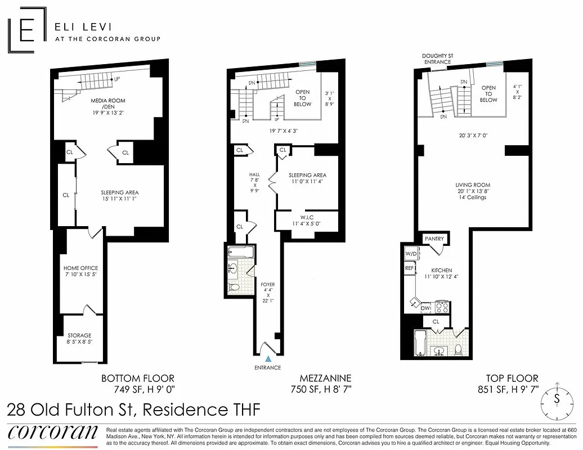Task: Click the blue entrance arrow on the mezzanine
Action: [268, 358]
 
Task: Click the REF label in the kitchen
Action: [409, 268]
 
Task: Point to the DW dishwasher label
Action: [425, 308]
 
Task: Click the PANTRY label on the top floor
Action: [434, 239]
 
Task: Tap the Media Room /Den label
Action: [108, 104]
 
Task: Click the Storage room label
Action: [79, 339]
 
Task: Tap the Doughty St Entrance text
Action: [436, 58]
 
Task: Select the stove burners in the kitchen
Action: [441, 307]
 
